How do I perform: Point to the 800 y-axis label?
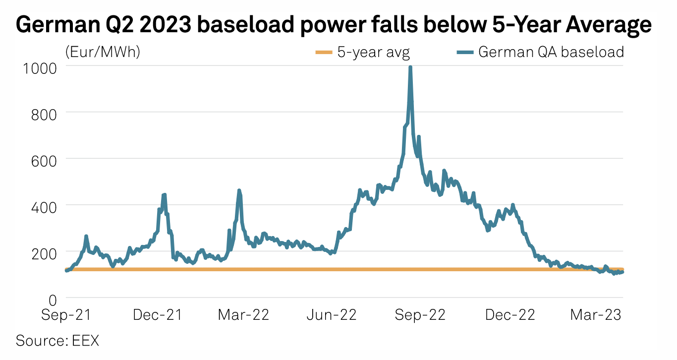[x=44, y=113]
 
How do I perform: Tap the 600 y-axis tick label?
[x=44, y=159]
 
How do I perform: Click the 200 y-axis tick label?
[x=44, y=252]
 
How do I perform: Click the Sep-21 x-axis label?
[x=66, y=315]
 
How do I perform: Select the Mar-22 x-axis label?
[x=243, y=315]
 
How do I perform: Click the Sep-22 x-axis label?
[x=420, y=315]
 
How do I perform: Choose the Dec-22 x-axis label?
[x=509, y=315]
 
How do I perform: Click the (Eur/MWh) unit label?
[x=103, y=52]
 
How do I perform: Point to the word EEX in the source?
[x=86, y=341]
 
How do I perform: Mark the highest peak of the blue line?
[x=410, y=67]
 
